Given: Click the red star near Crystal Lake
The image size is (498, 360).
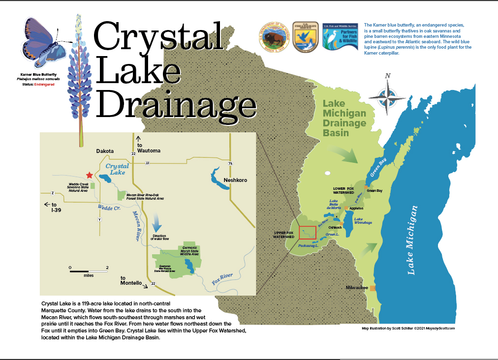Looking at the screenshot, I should (89, 175).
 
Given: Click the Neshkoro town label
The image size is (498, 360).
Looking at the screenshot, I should (235, 180).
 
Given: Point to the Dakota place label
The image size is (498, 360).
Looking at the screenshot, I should (105, 151).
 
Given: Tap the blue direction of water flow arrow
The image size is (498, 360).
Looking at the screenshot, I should (156, 222).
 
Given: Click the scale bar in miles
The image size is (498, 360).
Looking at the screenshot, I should (89, 271).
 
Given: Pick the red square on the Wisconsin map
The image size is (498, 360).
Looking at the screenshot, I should (307, 232).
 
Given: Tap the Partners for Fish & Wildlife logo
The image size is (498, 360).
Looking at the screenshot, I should (340, 36).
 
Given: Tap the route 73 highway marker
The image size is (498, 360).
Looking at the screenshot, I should (230, 163).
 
